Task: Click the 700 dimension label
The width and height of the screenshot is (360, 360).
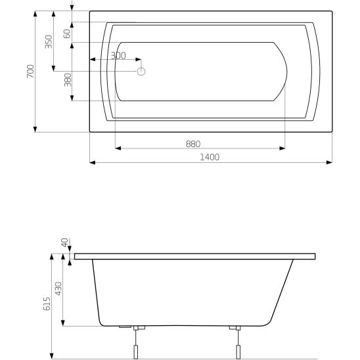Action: click(x=30, y=71)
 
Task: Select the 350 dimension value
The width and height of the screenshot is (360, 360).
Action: click(x=49, y=41)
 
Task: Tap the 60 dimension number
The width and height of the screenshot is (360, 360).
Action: click(x=67, y=34)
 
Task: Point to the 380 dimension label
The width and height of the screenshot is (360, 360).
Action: click(x=68, y=79)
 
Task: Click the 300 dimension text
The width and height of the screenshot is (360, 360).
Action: click(x=118, y=56)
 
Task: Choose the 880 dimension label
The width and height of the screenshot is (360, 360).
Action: click(x=193, y=144)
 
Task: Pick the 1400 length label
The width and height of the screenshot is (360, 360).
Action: click(x=210, y=157)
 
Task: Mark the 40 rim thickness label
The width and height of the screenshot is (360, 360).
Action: click(x=65, y=242)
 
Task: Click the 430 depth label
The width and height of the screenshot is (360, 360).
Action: click(x=58, y=288)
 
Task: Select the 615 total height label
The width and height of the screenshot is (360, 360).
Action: click(x=47, y=304)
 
